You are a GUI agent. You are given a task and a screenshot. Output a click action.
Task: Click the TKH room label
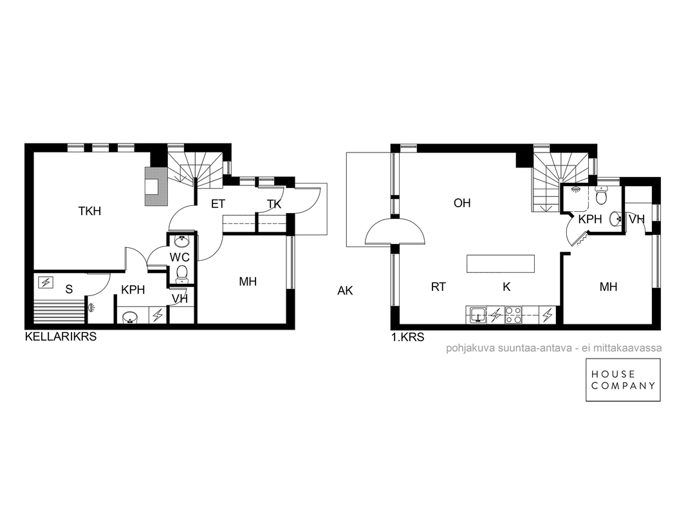coord(89,211)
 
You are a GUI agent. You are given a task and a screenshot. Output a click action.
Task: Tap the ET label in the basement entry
coord(218,204)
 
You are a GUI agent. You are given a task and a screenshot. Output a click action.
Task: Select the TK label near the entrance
coord(274,204)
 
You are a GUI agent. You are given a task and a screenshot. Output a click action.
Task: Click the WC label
coord(180,257)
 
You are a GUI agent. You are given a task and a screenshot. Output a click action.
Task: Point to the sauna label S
coord(69,289)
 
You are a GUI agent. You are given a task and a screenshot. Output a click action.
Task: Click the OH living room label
coord(462,203)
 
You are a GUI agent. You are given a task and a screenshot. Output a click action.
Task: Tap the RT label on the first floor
coord(438,287)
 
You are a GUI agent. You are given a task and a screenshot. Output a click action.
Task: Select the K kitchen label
coord(506,287)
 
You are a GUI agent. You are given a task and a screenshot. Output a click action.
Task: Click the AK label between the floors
coord(345,290)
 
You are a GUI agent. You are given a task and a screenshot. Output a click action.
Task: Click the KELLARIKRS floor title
coord(60,337)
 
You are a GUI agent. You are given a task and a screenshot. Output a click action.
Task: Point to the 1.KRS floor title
coord(408,337)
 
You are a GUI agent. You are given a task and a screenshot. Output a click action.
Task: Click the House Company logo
coord(623,380)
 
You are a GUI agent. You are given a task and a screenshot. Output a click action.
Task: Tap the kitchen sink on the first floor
coord(477,315)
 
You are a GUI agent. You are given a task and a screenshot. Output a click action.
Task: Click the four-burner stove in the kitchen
coord(513,315)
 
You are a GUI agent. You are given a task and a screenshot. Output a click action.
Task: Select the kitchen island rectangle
coord(501,263)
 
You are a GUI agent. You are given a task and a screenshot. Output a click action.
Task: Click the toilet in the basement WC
coord(181,274)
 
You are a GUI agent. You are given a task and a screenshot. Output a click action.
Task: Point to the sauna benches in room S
coord(59,310)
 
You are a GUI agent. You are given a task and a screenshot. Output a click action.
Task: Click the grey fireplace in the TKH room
coord(156,186)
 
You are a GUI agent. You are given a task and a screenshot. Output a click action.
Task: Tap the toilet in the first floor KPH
coord(602,195)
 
